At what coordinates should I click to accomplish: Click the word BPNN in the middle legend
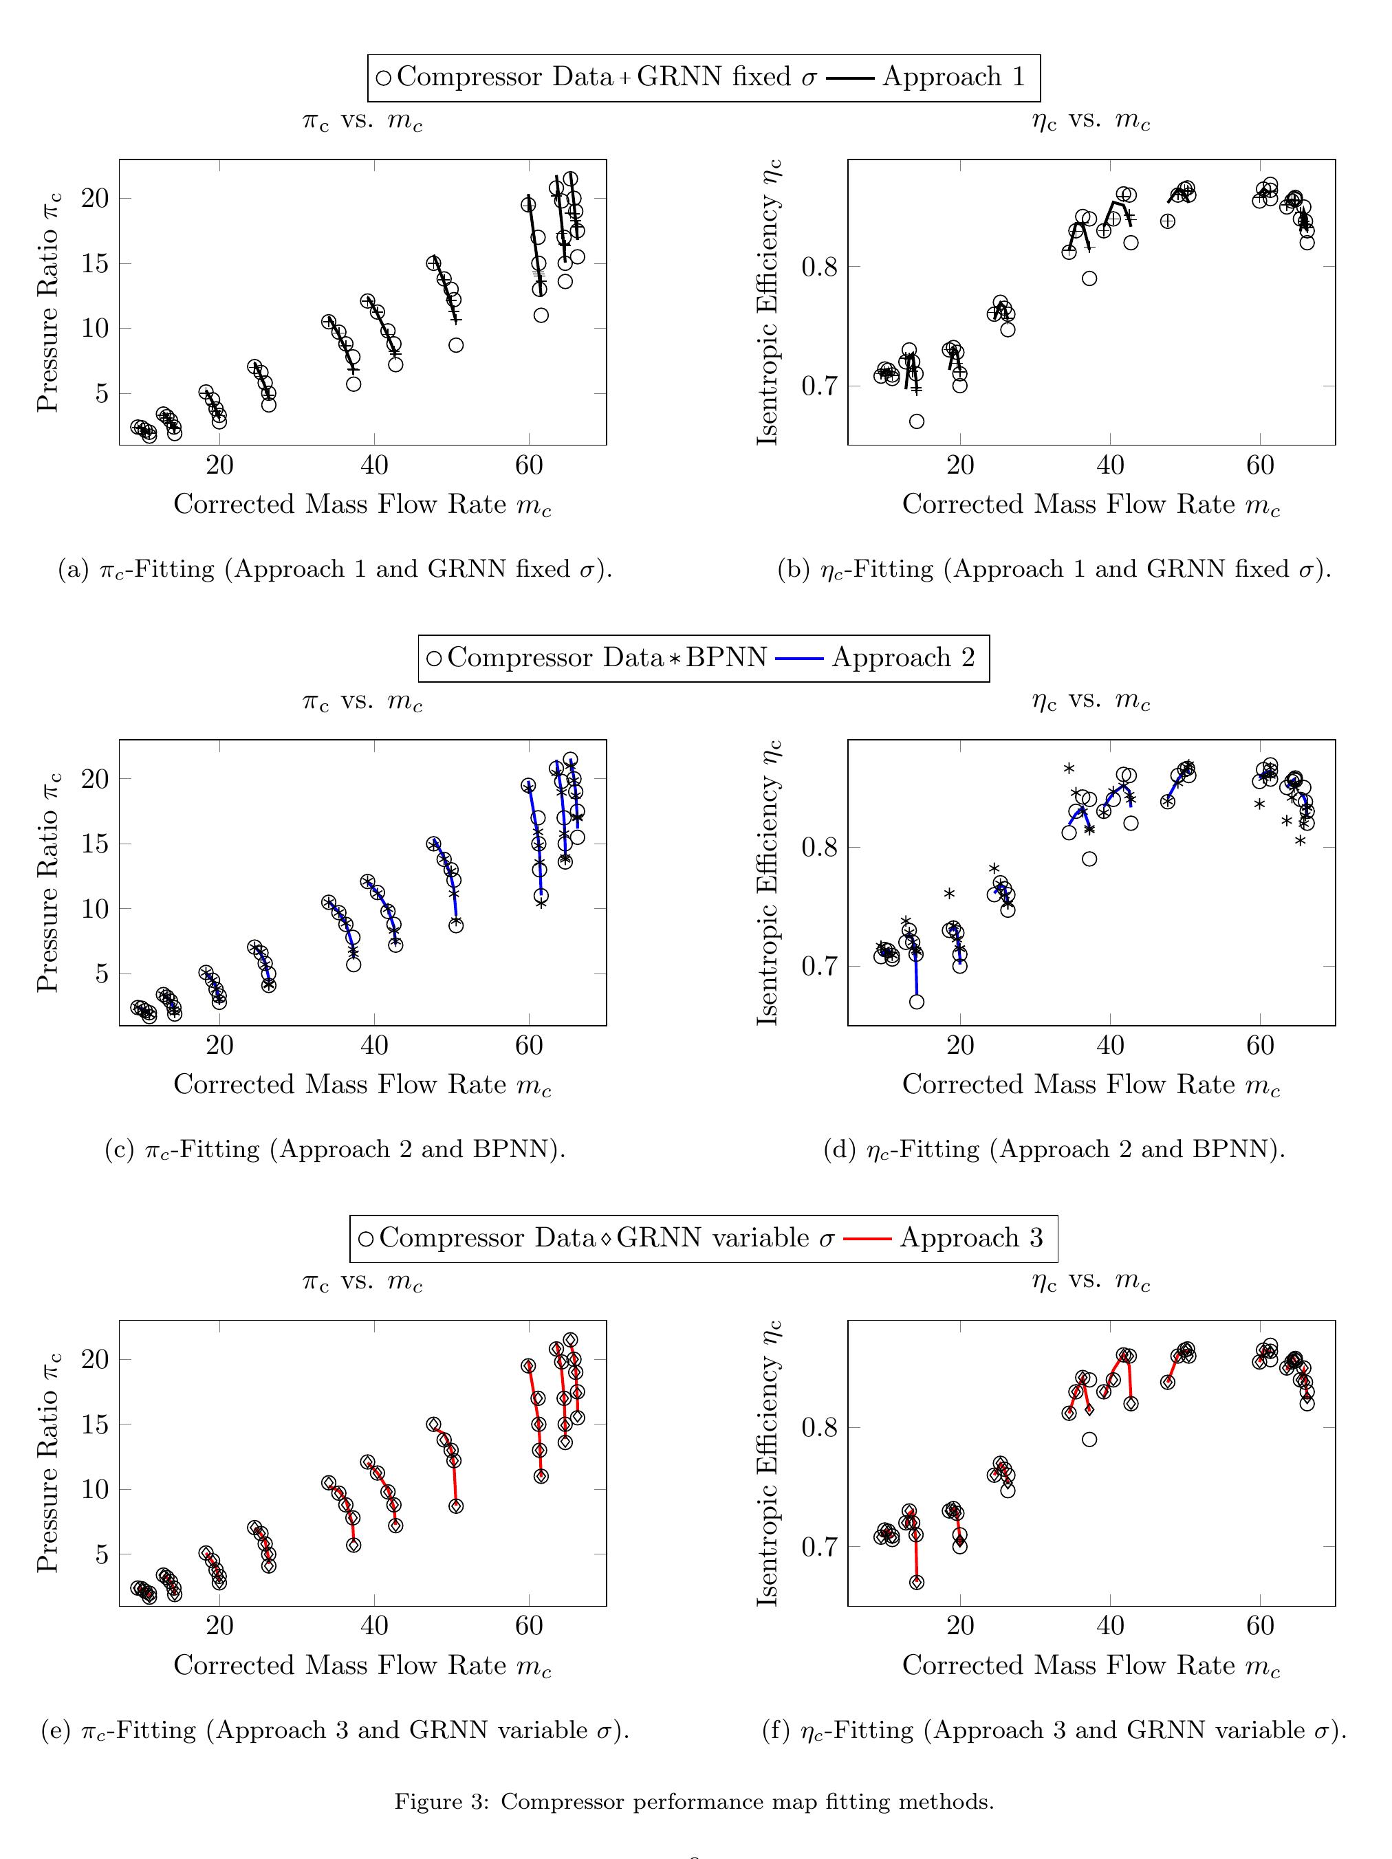coord(726,657)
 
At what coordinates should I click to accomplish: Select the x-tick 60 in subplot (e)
coord(528,1625)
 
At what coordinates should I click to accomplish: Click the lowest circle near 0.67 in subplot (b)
coord(916,421)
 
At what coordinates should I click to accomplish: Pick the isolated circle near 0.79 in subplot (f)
coord(1089,1439)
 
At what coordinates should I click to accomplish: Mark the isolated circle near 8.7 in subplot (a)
coord(455,344)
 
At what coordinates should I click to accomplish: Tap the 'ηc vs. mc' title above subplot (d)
coord(1090,700)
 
